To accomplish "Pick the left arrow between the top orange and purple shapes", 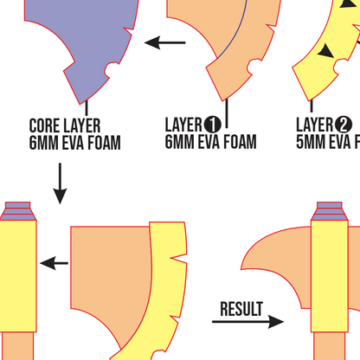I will pos(165,42).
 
